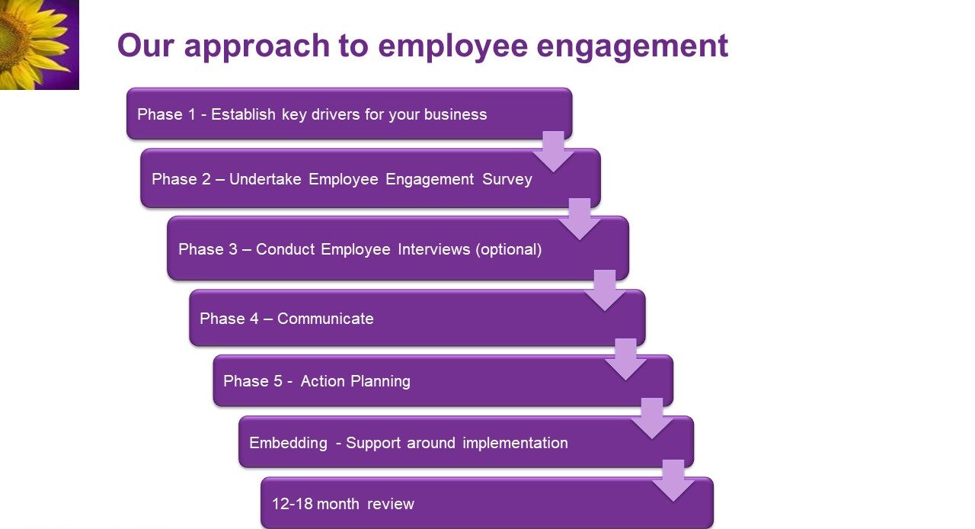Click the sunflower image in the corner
39,44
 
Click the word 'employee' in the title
453,47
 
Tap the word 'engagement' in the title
632,47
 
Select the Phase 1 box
349,114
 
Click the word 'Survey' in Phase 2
507,180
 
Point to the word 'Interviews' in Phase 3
434,249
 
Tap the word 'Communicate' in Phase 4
325,319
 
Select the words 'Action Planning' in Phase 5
355,381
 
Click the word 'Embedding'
288,443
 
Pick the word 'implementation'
515,443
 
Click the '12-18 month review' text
343,504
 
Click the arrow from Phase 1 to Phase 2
553,152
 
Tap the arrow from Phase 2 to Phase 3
580,220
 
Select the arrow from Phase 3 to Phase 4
605,290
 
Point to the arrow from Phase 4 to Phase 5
625,360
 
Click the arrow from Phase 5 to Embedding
651,418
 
